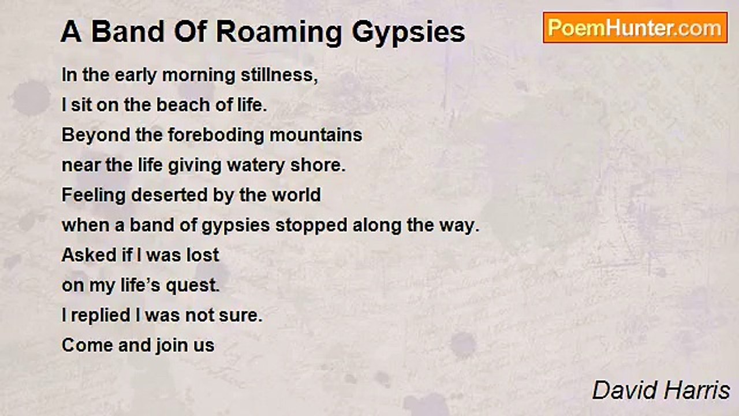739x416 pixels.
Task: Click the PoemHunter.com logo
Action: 635,27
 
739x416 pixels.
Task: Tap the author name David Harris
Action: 661,391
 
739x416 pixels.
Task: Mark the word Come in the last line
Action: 85,346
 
